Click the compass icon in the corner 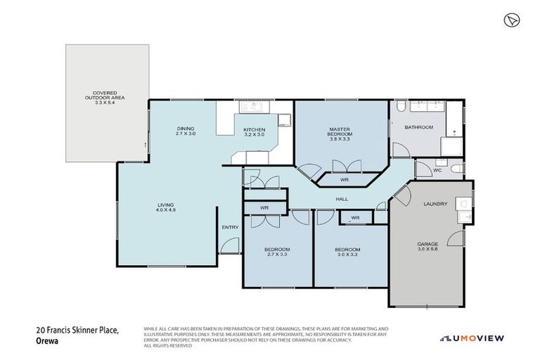(511, 20)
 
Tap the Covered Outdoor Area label (105, 97)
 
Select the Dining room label (186, 131)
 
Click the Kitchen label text (254, 131)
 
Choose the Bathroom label (419, 127)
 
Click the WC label (437, 170)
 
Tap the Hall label (342, 199)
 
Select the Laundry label (435, 204)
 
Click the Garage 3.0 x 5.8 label (427, 247)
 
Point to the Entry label (230, 227)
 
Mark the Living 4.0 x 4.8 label (167, 208)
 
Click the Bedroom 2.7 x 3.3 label (277, 252)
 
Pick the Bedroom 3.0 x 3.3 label (347, 252)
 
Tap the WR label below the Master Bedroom (345, 181)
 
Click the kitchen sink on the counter (250, 108)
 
